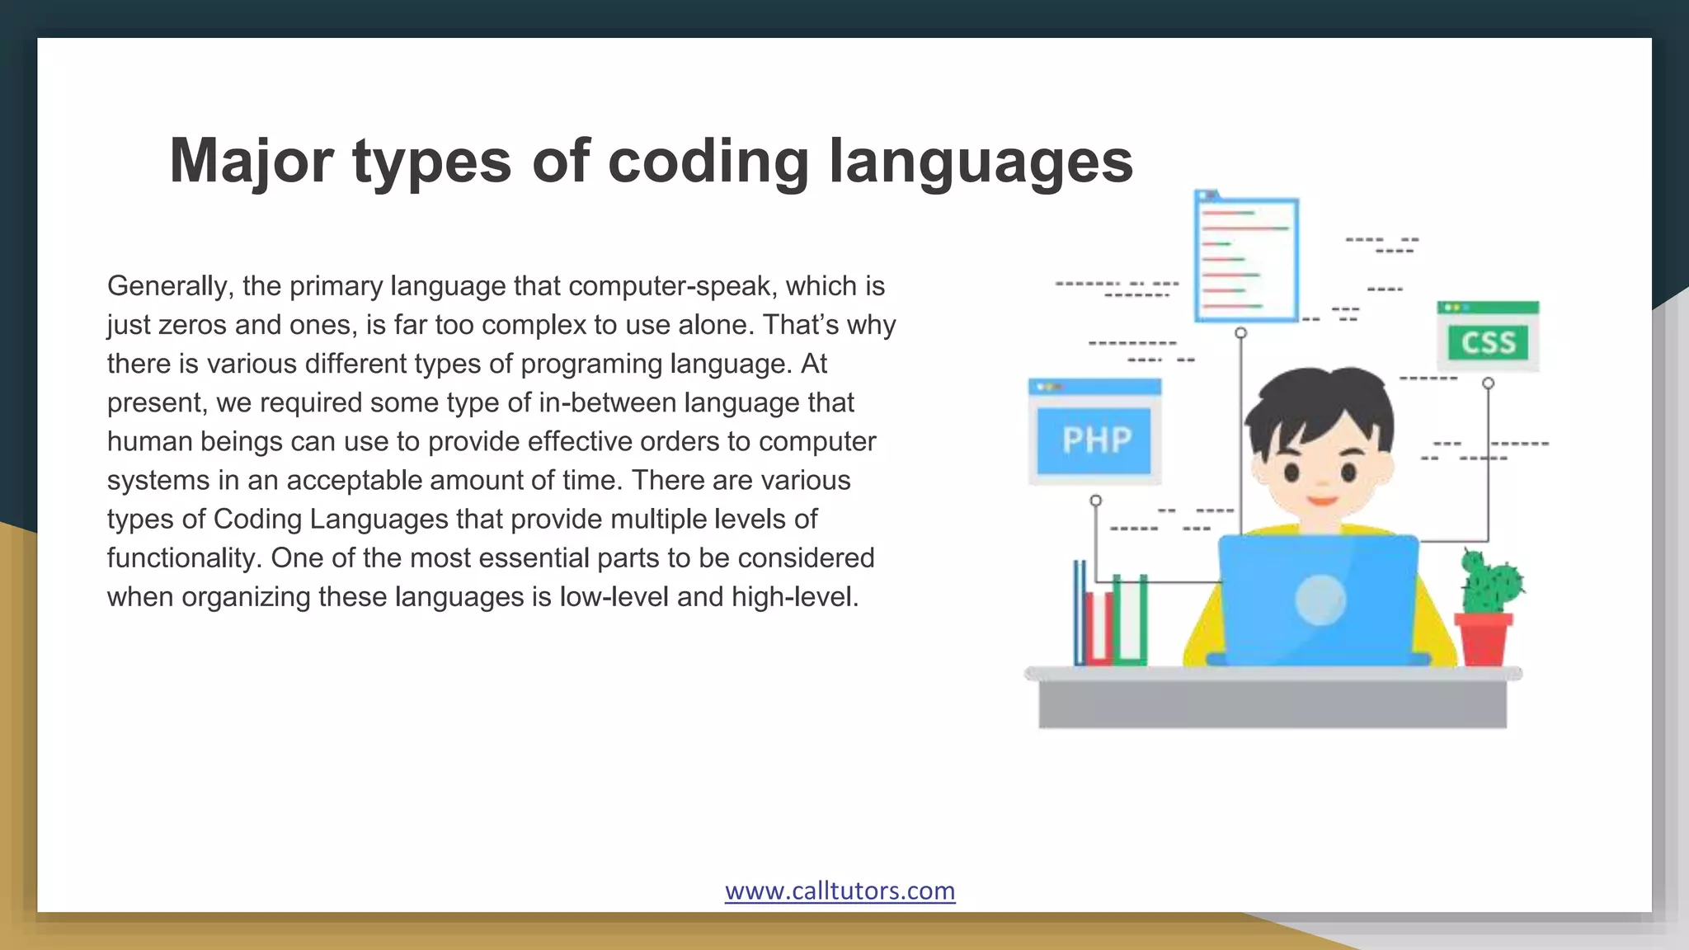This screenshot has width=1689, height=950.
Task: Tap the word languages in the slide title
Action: click(x=981, y=162)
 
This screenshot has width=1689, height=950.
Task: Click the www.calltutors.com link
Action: click(x=840, y=891)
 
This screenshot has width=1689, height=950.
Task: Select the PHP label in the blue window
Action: click(x=1096, y=440)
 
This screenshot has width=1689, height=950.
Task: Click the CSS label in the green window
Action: click(x=1488, y=342)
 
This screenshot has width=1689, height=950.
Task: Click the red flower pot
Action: click(x=1483, y=638)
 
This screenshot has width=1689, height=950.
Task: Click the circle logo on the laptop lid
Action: click(x=1320, y=600)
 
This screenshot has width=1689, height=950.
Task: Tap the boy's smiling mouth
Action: click(x=1321, y=500)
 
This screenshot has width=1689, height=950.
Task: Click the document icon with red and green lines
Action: click(x=1246, y=259)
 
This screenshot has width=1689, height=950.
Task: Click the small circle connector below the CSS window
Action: click(x=1488, y=383)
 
